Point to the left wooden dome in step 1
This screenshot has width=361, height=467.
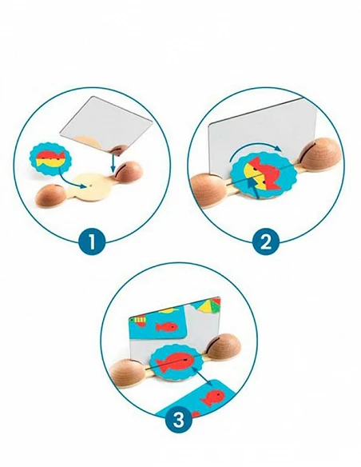[x=50, y=195]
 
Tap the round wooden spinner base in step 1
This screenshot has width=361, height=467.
[x=92, y=187]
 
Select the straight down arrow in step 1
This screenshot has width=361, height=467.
[x=113, y=162]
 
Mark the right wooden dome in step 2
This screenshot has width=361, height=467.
[x=320, y=154]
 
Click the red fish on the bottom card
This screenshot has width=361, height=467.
[x=212, y=397]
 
